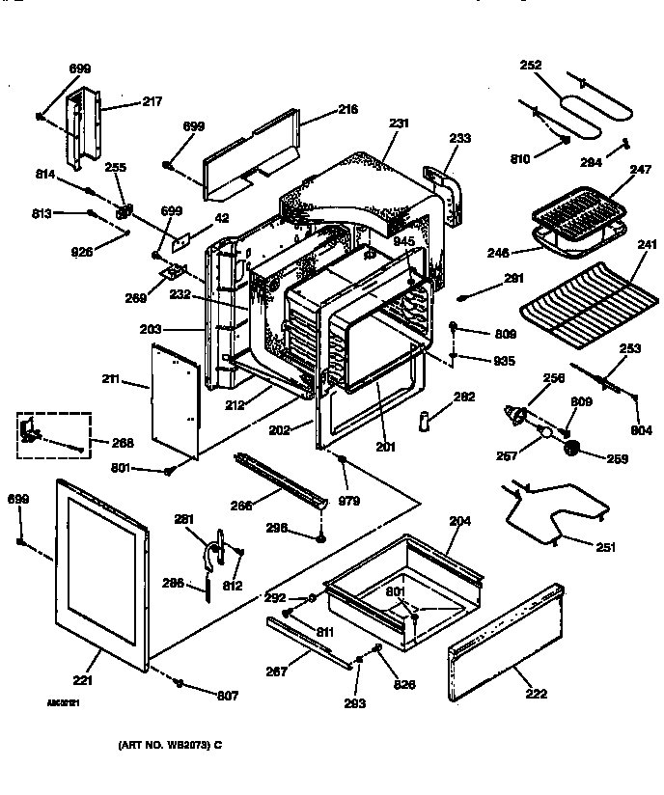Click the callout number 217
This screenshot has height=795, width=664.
tap(152, 101)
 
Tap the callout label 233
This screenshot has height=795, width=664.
tap(459, 139)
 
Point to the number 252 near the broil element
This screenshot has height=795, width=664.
tap(530, 66)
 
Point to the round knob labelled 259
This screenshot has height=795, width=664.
tap(572, 447)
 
